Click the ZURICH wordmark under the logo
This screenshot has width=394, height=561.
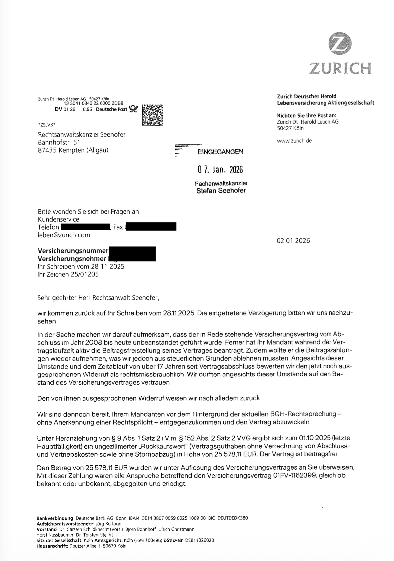340,68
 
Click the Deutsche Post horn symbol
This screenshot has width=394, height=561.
133,109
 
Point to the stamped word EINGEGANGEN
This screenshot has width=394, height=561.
220,151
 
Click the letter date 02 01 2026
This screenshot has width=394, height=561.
293,241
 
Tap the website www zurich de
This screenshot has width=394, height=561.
294,141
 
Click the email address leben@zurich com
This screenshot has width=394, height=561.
64,235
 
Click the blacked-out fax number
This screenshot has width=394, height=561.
151,227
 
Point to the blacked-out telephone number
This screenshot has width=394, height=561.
85,227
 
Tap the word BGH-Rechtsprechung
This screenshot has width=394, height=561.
303,414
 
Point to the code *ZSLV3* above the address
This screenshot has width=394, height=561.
47,125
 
